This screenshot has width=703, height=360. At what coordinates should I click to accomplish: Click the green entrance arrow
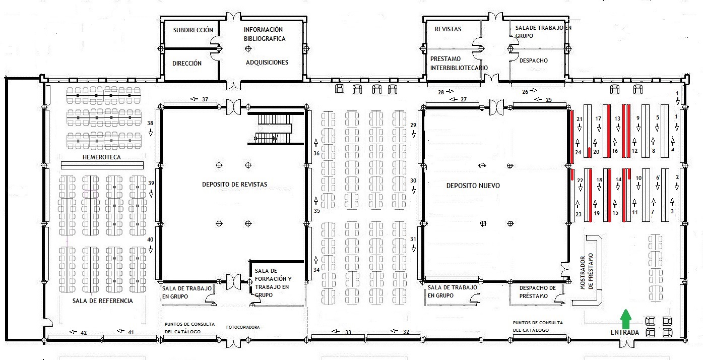[626, 319]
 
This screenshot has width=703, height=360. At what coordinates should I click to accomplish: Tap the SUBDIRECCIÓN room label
[193, 30]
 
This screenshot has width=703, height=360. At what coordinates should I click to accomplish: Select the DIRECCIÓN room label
[187, 63]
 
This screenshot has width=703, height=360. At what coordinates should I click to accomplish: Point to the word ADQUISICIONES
[267, 62]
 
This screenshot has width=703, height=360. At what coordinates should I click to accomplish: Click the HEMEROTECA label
[101, 157]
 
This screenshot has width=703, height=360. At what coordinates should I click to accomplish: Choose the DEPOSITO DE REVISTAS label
[234, 185]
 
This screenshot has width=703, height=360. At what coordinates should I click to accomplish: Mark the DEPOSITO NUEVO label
[473, 186]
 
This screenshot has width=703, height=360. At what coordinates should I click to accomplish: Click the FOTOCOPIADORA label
[242, 327]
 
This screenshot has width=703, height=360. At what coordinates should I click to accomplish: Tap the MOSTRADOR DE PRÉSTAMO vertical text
[587, 271]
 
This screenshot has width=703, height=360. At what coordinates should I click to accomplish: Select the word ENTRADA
[624, 332]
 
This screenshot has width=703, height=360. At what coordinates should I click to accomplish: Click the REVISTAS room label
[448, 29]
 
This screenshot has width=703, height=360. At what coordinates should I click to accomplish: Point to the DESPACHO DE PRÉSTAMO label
[533, 292]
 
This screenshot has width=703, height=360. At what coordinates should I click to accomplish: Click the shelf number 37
[205, 99]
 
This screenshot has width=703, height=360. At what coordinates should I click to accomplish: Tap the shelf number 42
[84, 333]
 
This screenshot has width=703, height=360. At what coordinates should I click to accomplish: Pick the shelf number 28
[441, 92]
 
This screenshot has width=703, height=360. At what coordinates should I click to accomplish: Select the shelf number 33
[348, 332]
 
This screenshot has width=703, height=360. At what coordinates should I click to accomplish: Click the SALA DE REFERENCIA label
[103, 301]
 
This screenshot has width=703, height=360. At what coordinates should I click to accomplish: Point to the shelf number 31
[413, 239]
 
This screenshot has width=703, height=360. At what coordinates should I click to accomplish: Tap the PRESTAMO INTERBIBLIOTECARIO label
[459, 63]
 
